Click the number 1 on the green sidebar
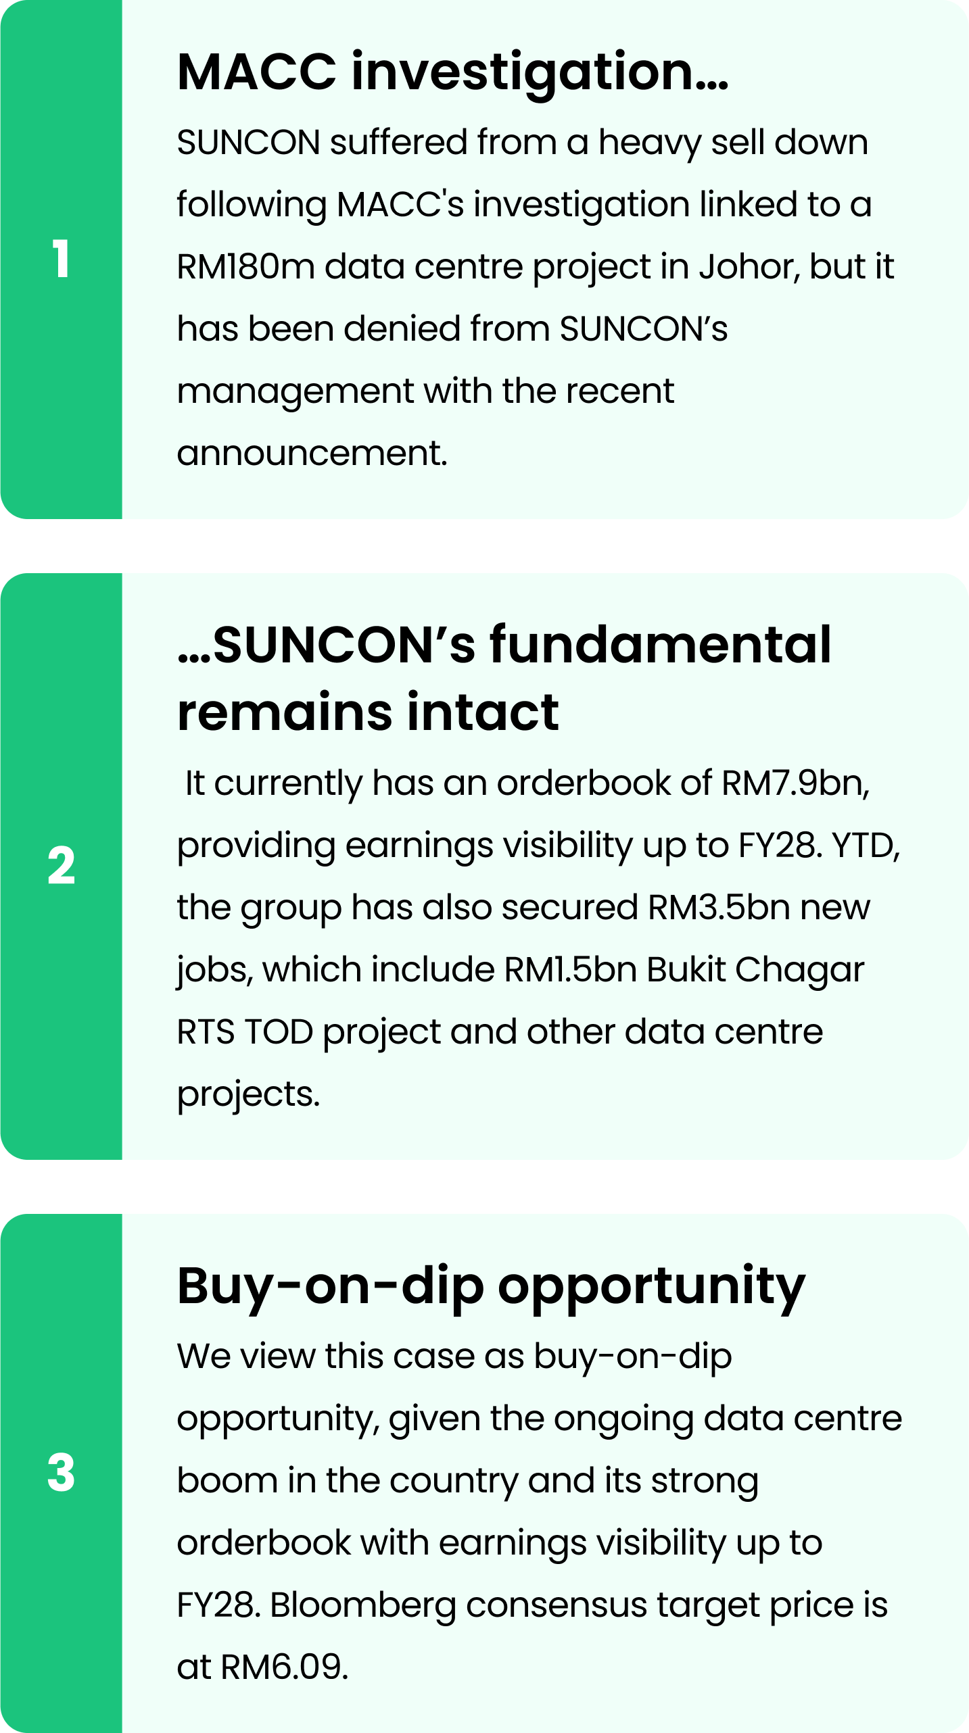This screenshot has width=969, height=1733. (61, 259)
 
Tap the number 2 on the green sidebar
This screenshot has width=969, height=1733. (61, 866)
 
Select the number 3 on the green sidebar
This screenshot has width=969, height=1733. (61, 1473)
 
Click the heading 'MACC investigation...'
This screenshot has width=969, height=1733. (452, 72)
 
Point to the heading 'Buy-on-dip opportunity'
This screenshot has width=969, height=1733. (492, 1286)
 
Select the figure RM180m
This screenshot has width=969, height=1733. (246, 267)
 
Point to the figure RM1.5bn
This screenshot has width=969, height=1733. (571, 970)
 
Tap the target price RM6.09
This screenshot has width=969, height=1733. (285, 1667)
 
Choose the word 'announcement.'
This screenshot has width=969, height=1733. (312, 454)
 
